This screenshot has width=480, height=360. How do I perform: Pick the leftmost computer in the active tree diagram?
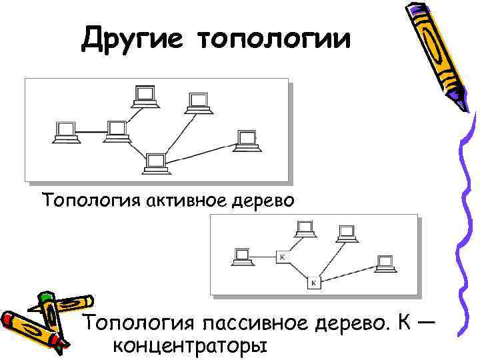(x=65, y=131)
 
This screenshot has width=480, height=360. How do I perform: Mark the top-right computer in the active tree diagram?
(x=197, y=102)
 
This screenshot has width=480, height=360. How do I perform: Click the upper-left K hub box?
(x=282, y=257)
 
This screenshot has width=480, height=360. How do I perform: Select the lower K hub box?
(x=315, y=283)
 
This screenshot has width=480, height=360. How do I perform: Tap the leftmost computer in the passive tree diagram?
(x=241, y=256)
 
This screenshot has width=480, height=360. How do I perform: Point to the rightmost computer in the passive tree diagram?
(x=385, y=263)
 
